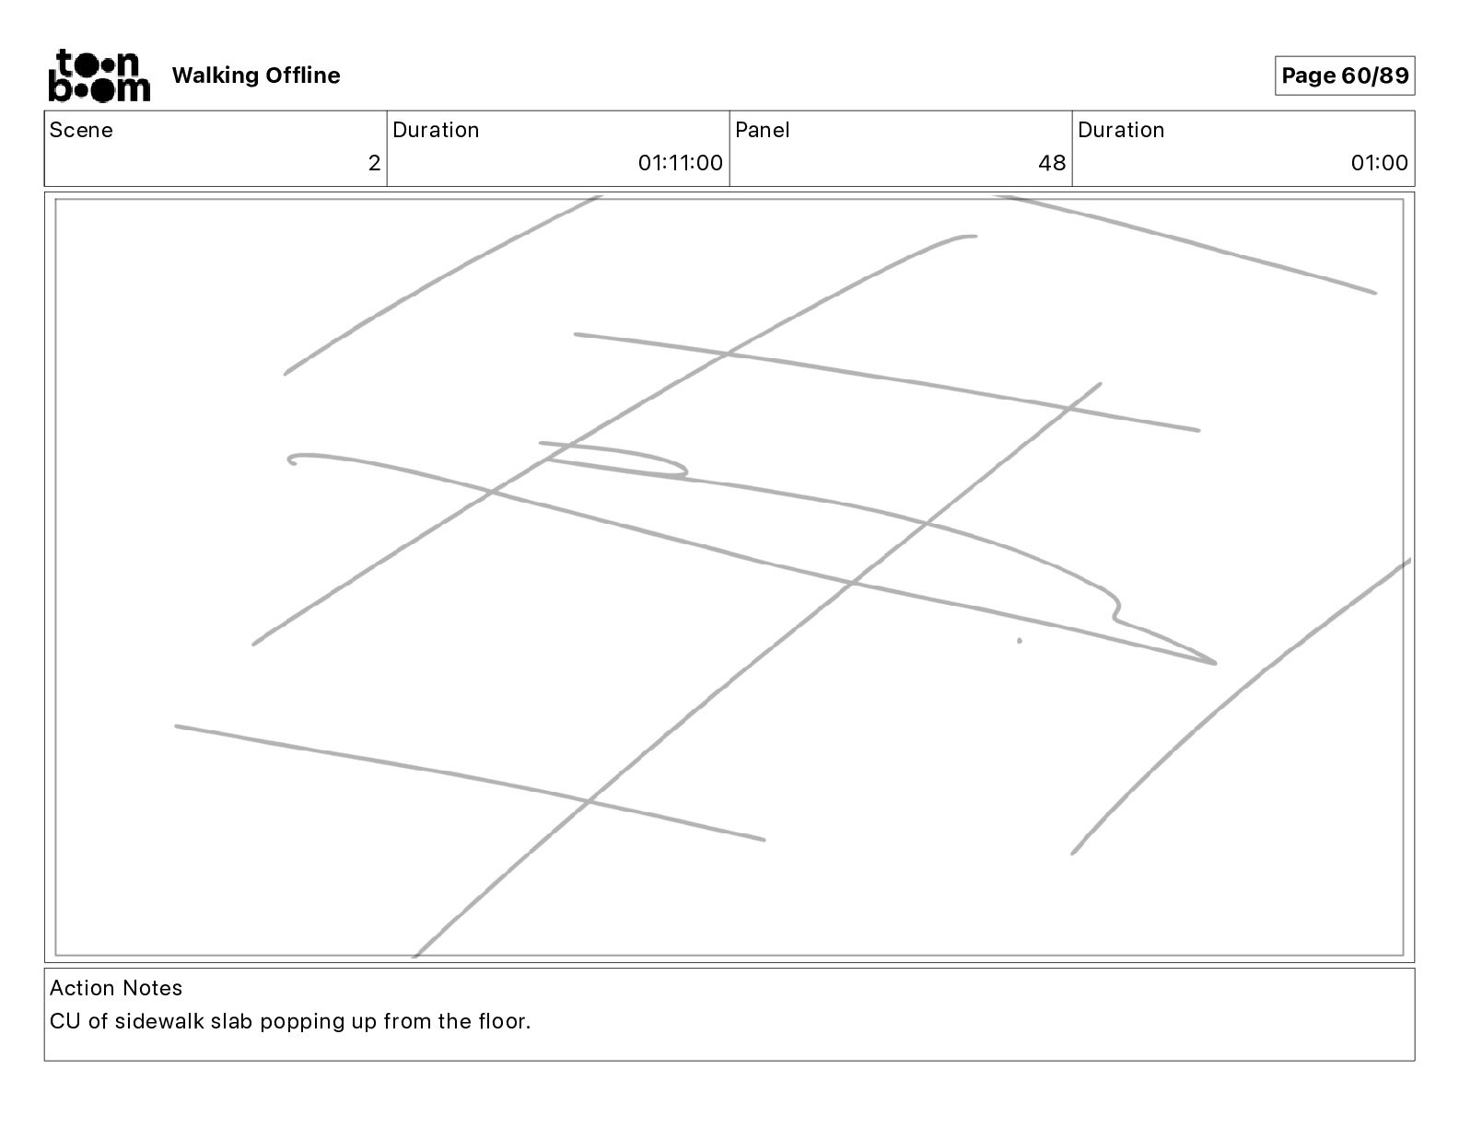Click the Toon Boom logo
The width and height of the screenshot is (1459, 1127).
(99, 75)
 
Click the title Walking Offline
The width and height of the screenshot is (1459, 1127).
(256, 76)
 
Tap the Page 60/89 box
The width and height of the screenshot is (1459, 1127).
(1344, 76)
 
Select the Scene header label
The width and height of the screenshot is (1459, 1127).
(81, 130)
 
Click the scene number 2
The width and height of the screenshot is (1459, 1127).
(374, 163)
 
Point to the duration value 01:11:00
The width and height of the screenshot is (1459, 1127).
(680, 163)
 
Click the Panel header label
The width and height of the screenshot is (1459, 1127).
(762, 130)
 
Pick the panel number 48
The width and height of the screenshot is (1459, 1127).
(1051, 163)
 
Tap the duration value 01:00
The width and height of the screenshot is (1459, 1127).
(1379, 163)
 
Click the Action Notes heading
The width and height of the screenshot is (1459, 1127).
(116, 988)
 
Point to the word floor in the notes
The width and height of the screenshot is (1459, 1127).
(504, 1021)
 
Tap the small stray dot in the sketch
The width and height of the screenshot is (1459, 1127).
(1019, 641)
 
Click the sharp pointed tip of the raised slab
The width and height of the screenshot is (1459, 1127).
(1214, 662)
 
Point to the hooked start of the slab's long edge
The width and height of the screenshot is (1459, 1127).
(293, 459)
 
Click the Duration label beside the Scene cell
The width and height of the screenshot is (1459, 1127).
(436, 130)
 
